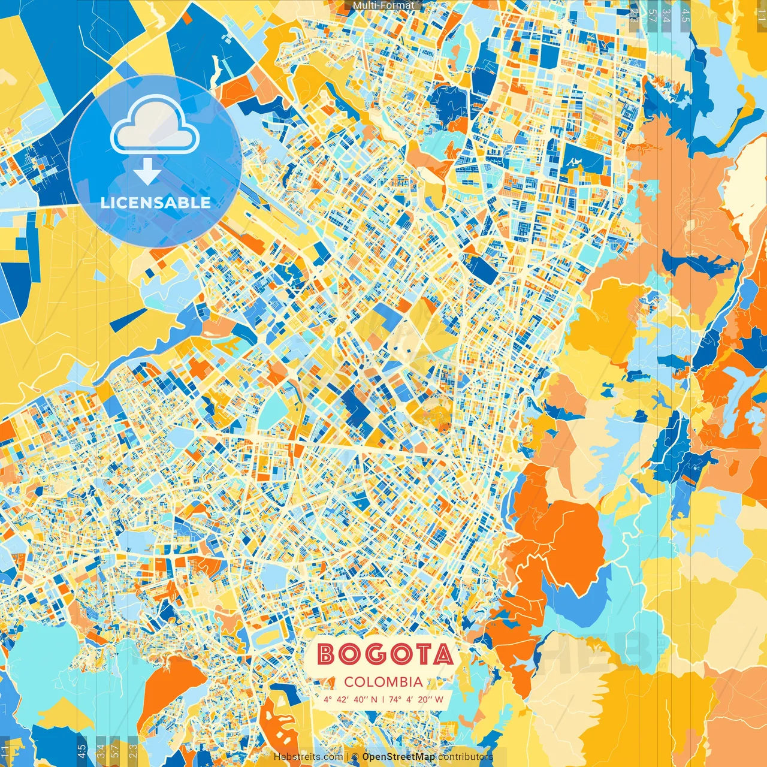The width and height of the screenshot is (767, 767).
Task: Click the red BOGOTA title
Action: point(385,654)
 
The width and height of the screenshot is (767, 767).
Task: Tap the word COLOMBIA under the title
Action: point(383,682)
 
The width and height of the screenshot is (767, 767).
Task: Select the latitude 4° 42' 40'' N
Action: point(351,699)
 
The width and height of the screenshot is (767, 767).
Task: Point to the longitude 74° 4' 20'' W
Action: point(416,699)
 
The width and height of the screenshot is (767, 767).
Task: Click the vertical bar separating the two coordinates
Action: point(383,699)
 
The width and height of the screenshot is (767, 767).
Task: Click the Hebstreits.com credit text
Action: point(308,757)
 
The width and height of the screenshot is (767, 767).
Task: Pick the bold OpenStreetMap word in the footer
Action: point(398,757)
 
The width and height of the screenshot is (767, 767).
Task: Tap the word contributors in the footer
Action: point(465,757)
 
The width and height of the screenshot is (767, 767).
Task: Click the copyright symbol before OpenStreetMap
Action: point(355,757)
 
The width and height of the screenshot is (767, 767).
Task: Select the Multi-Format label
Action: point(383,5)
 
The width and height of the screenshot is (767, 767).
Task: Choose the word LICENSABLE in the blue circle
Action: point(155,203)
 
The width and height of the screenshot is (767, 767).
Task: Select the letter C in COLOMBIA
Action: point(349,682)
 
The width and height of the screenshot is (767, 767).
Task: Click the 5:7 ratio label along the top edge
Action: point(651,14)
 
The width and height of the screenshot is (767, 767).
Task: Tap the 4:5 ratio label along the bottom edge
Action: point(81,751)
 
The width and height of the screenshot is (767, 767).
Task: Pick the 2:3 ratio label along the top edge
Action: point(634,14)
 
